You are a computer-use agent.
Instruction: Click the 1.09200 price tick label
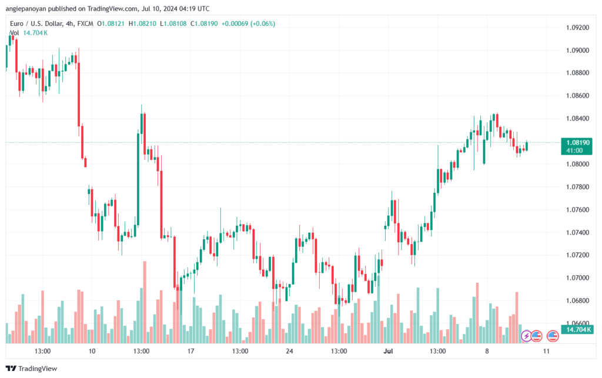click(x=577, y=28)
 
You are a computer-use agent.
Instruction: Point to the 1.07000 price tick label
click(x=577, y=278)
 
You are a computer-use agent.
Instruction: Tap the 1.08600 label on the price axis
click(x=577, y=96)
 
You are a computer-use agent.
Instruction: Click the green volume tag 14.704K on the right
click(x=576, y=330)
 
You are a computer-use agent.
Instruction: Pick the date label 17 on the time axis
click(x=190, y=351)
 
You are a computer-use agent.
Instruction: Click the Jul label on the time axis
click(x=388, y=351)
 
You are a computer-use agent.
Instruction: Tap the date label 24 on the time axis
click(x=289, y=351)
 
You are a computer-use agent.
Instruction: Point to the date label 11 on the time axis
click(x=546, y=351)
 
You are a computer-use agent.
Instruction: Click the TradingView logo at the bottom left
click(x=32, y=369)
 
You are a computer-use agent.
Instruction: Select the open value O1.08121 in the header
click(x=111, y=24)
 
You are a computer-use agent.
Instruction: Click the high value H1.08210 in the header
click(x=142, y=24)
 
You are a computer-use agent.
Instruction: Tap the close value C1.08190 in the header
click(x=204, y=24)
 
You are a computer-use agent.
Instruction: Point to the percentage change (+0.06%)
click(x=263, y=24)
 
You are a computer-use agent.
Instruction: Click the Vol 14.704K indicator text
click(x=29, y=33)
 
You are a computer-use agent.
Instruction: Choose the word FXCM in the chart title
click(x=85, y=24)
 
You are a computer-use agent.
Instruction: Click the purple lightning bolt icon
click(x=526, y=336)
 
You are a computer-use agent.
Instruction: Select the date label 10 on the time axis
click(x=92, y=351)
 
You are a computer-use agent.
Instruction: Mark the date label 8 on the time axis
click(x=487, y=351)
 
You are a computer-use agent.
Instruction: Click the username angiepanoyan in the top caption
click(x=26, y=9)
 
